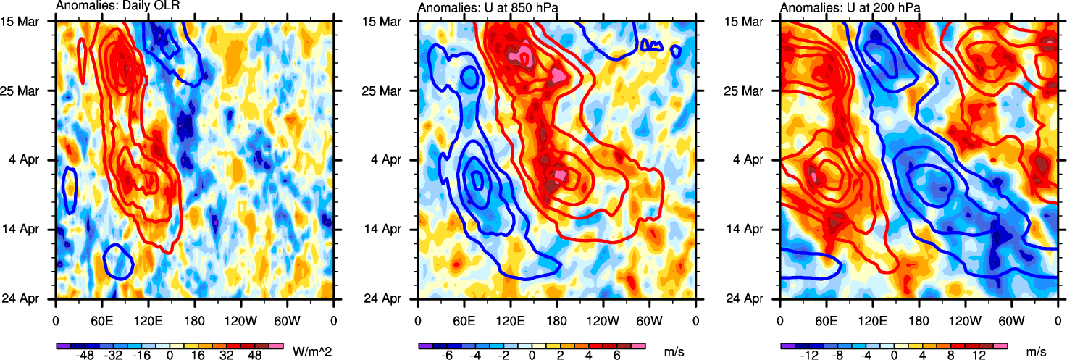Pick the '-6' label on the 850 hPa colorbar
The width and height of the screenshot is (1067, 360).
pyautogui.click(x=447, y=356)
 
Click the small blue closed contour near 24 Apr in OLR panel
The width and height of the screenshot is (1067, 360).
pyautogui.click(x=117, y=262)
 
